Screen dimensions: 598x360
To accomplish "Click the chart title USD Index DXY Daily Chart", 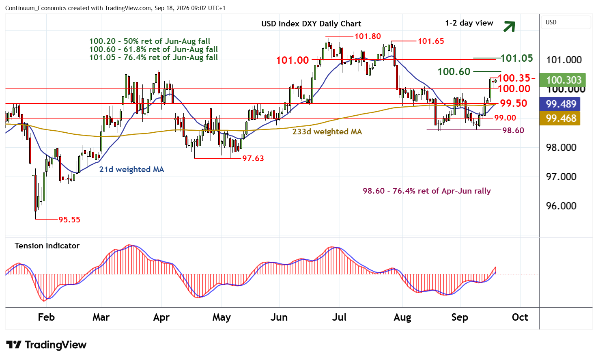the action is [x=311, y=24].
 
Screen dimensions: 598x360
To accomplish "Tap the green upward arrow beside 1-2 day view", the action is [x=509, y=26].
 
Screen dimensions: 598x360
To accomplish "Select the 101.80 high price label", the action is [x=368, y=36].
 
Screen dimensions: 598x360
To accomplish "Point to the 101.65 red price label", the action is [x=431, y=41].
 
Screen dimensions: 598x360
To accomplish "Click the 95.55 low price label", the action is [x=69, y=220].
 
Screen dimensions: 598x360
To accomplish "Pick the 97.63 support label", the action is [x=253, y=158].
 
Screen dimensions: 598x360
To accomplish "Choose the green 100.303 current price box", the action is [x=563, y=80].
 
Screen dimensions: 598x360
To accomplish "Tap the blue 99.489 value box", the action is [x=560, y=104].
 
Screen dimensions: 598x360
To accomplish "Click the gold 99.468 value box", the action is [x=560, y=118].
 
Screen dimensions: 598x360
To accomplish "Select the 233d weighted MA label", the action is [x=327, y=131].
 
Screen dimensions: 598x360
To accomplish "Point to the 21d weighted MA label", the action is [x=131, y=169].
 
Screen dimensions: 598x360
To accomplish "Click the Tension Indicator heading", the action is [x=47, y=246].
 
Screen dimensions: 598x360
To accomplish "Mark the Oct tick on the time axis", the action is [x=520, y=317].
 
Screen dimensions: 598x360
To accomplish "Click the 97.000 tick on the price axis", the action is [x=561, y=177].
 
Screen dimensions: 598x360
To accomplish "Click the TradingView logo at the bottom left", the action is [x=46, y=345].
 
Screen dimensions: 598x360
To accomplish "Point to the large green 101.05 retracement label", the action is [x=516, y=58].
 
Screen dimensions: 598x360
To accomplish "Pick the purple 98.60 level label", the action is [x=513, y=130].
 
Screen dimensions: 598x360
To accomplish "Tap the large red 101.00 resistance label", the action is [x=293, y=60].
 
